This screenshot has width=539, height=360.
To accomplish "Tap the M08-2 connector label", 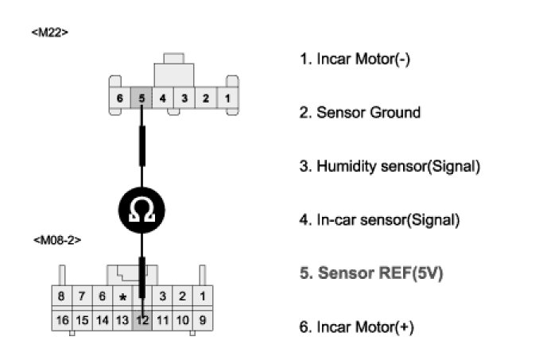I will point(57,238).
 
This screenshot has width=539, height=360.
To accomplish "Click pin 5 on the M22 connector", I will point(141,99).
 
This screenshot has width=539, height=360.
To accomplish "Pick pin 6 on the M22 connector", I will point(119,99).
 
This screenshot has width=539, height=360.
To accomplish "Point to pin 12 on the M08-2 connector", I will point(142,320).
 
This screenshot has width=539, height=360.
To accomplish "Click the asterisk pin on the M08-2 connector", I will point(122,297).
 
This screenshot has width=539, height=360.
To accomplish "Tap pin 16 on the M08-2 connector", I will point(62,320).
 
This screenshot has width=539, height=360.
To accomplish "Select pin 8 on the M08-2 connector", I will point(62,297).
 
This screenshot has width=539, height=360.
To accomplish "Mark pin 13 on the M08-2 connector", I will point(122,320).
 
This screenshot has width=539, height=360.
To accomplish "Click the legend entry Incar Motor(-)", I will point(354,58).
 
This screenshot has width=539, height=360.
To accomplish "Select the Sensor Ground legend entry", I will point(359,112).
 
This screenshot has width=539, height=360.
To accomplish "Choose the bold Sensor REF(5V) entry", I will point(370,273).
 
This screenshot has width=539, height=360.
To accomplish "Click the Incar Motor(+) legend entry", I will point(356,327).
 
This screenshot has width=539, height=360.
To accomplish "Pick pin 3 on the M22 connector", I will point(184,99).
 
